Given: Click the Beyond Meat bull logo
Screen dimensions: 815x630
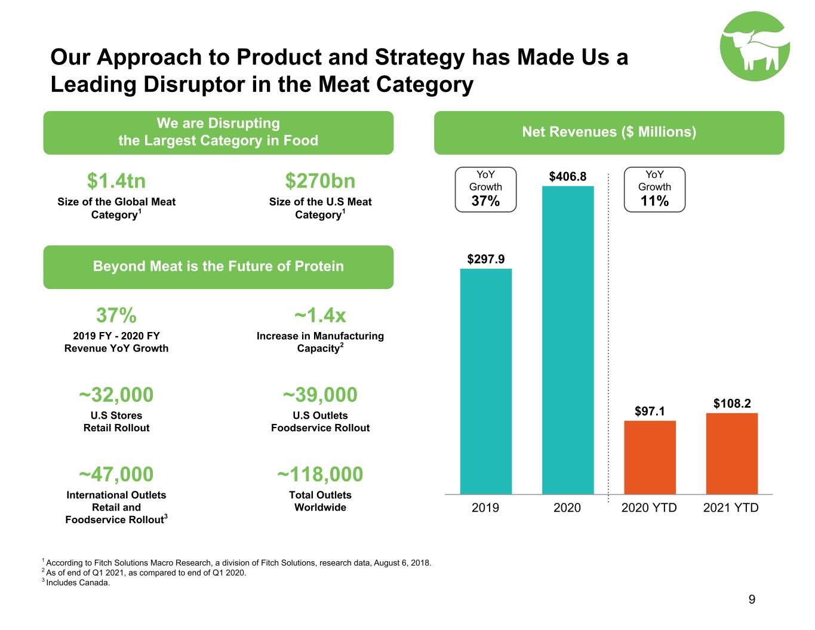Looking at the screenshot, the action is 754,46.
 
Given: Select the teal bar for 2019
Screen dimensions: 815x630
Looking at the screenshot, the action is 485,381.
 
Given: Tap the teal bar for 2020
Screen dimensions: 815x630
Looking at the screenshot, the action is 567,340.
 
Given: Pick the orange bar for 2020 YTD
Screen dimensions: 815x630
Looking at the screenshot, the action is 650,457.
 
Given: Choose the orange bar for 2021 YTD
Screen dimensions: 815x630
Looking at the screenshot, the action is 732,453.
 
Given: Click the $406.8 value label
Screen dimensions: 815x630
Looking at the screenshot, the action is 567,176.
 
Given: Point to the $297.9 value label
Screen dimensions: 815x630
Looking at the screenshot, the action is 485,259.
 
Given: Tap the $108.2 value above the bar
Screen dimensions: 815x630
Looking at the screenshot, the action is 732,403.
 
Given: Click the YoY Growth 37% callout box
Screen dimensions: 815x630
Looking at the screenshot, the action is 485,189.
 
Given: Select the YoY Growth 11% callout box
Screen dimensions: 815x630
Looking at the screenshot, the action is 654,189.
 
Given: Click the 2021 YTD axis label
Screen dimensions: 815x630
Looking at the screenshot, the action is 731,508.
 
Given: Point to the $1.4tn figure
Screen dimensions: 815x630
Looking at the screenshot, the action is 116,181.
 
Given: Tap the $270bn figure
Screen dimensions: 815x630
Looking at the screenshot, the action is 320,181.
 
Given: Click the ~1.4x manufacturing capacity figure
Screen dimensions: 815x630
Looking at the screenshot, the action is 320,315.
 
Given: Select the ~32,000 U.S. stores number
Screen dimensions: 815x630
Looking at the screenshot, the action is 116,395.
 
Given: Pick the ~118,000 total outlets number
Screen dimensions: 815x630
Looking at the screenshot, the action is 320,474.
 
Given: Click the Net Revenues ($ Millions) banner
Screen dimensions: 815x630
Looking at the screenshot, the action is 609,133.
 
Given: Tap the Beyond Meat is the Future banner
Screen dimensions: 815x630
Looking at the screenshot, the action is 219,267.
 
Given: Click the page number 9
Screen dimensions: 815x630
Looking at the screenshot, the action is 752,600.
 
